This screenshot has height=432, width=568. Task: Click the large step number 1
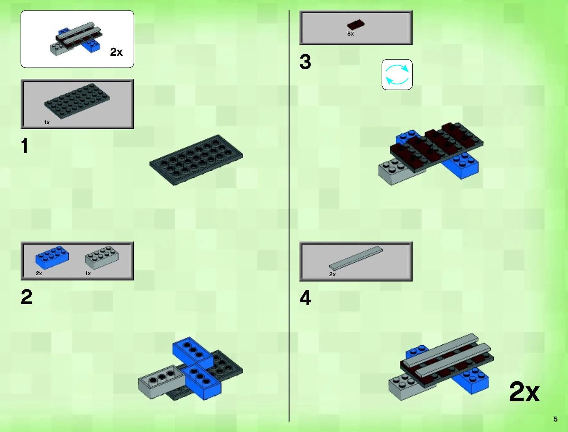coord(25,146)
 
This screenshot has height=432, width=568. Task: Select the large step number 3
coord(305,62)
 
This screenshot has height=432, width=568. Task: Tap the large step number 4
coord(305,298)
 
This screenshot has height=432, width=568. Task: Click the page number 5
coord(555,419)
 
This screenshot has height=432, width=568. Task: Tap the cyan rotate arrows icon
coord(397,75)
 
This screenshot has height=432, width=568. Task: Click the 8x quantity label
coord(350,34)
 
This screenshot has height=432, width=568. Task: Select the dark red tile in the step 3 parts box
coord(356,25)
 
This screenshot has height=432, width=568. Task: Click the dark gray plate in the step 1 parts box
coord(77,101)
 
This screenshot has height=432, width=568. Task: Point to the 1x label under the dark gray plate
coord(47,123)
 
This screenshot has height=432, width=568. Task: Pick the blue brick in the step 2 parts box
coord(52,257)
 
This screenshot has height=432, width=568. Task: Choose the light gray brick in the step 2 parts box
coord(102,257)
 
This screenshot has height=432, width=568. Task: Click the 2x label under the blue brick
coord(39,273)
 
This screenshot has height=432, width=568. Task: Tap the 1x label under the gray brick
coord(88,273)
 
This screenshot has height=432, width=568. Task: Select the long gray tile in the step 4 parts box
coord(356,258)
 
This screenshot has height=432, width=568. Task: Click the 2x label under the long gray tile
coord(332,275)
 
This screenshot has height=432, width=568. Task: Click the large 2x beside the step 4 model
coord(524,392)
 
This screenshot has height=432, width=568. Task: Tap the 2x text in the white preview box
coord(116,52)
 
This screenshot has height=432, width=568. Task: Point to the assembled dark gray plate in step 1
coord(196,160)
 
